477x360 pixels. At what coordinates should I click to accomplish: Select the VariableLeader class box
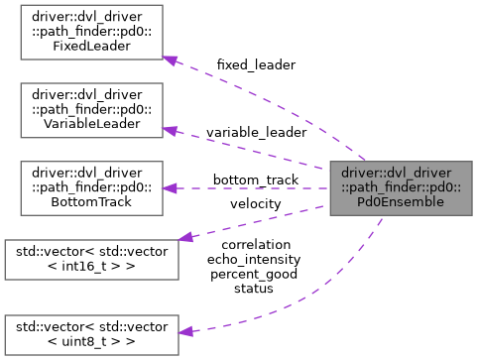(x=84, y=108)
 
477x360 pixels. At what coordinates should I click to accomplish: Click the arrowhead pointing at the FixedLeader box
(x=171, y=60)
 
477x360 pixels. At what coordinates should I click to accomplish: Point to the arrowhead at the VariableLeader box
(x=171, y=130)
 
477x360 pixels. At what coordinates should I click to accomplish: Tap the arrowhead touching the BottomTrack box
(x=171, y=186)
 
